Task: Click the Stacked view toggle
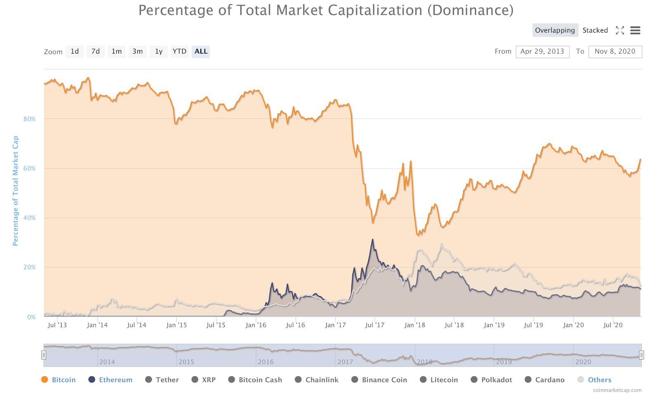point(595,30)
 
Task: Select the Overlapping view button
point(555,30)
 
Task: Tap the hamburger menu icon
point(635,30)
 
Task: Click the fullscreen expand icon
point(620,30)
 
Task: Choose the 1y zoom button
point(159,52)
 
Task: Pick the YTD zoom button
point(179,52)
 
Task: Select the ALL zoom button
point(201,52)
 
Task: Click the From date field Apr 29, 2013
point(542,52)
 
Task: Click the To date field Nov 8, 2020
point(615,52)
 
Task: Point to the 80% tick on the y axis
point(30,119)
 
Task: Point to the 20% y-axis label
point(30,267)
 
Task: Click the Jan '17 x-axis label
point(335,325)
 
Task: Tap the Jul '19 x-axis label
point(533,325)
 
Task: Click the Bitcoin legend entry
point(59,380)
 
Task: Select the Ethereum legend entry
point(111,380)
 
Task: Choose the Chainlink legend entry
point(317,380)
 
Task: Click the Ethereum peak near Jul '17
point(373,239)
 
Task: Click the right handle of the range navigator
point(641,355)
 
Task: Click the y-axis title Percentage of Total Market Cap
point(16,191)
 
